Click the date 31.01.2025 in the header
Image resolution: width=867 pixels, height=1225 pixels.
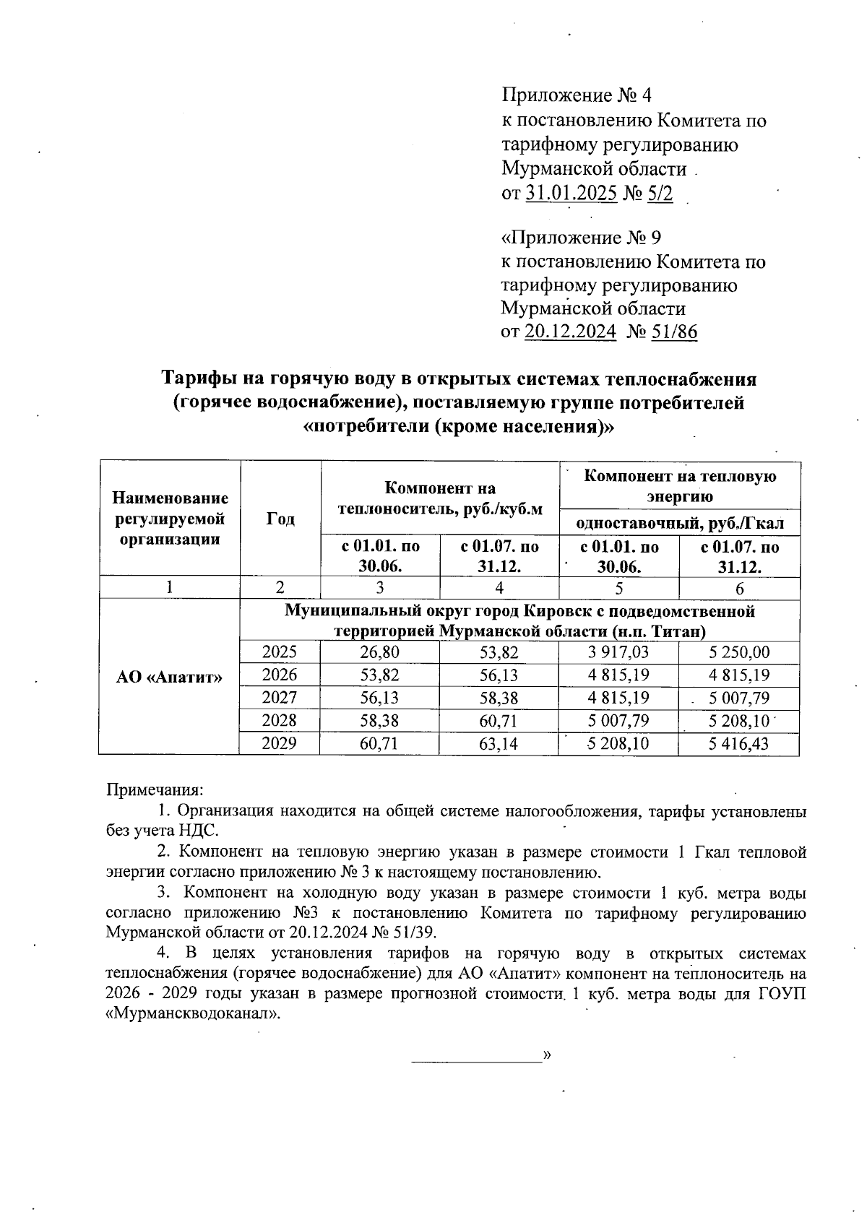571,194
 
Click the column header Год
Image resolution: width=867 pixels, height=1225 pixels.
280,519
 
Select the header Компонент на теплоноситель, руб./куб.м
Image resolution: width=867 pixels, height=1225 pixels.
440,498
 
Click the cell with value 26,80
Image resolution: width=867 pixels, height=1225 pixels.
379,653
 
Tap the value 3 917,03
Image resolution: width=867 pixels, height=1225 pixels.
618,653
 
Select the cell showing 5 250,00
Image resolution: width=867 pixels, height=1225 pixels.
739,653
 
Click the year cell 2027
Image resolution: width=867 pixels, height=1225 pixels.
280,698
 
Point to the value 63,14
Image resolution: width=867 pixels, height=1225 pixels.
499,743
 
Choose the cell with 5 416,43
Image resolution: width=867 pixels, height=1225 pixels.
739,743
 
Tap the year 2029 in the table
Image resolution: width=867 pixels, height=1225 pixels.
280,743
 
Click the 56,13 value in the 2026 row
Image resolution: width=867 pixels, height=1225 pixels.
499,675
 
